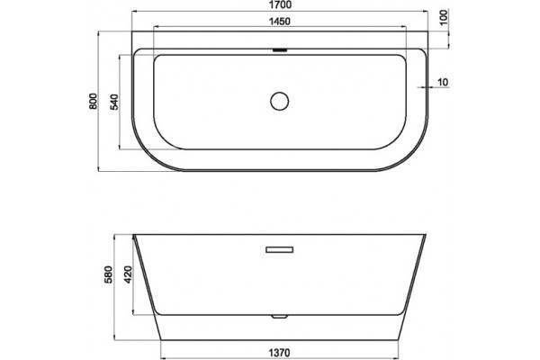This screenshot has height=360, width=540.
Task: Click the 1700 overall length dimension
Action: point(279,4)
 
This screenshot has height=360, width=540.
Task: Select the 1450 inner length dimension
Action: point(279,22)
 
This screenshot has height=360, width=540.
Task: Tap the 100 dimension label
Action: point(444,17)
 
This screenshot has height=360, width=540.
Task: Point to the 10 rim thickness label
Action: point(443,82)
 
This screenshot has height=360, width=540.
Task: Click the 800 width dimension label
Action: point(94,101)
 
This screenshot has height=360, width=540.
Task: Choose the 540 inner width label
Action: point(114,102)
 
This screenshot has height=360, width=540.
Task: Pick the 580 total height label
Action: point(109,274)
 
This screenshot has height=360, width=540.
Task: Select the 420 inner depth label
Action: point(128,274)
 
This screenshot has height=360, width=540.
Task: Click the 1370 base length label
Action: point(279,353)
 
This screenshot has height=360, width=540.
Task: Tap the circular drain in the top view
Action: point(279,101)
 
